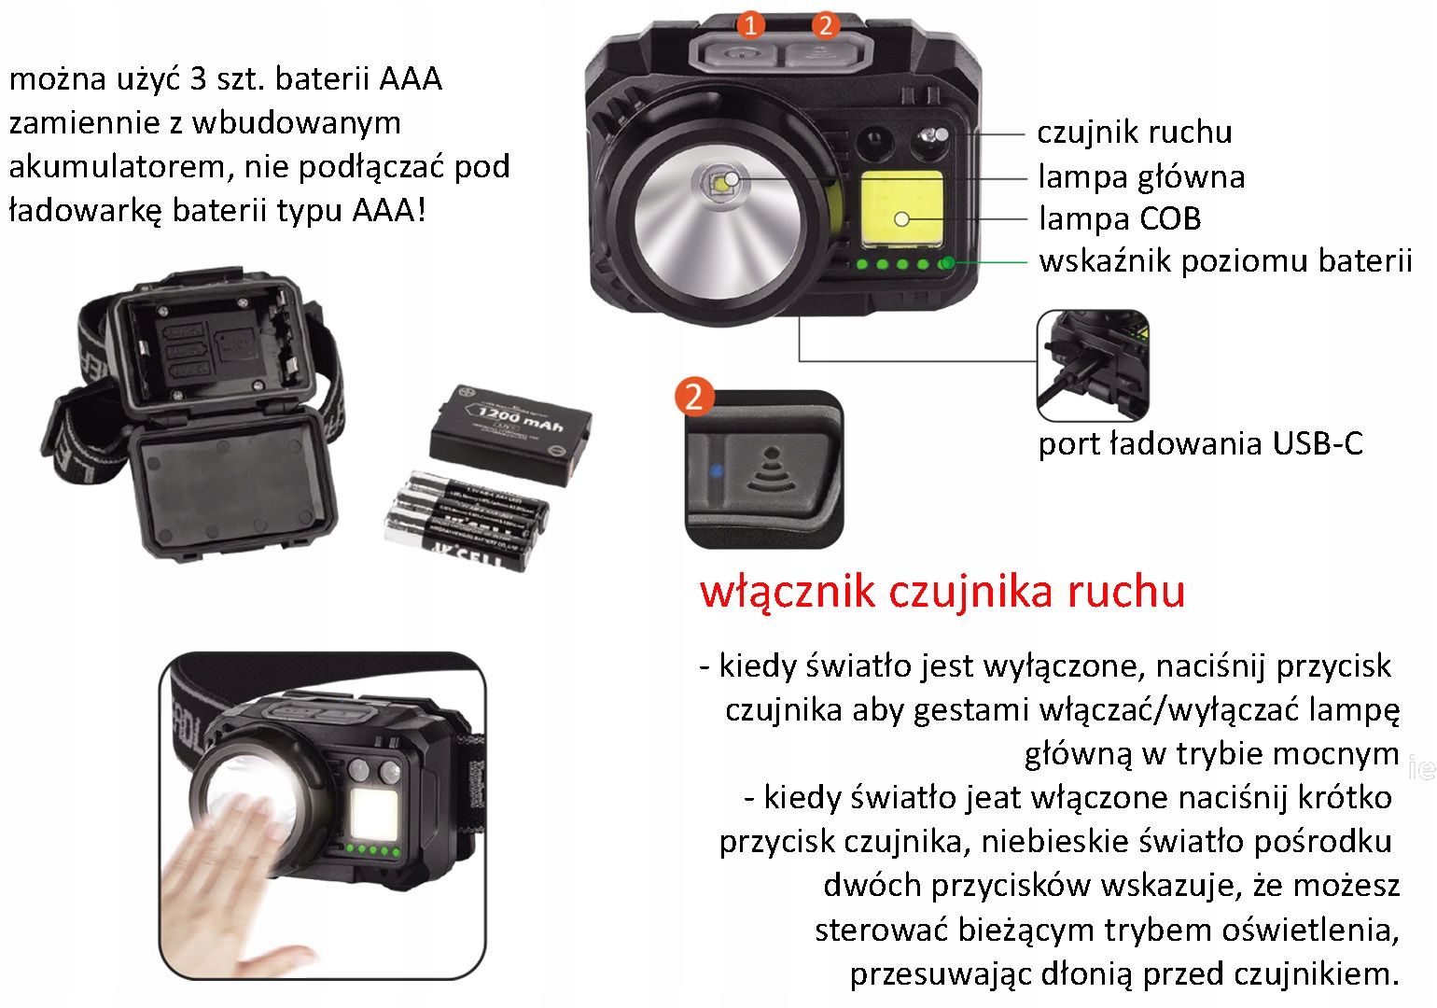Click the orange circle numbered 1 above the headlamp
(750, 25)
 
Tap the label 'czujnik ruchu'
(1135, 133)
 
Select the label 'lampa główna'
(1142, 177)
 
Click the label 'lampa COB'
(1120, 218)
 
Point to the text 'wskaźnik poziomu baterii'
(1226, 261)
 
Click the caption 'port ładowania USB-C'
(1201, 444)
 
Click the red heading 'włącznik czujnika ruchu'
(942, 592)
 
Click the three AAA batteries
(467, 521)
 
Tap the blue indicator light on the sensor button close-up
(716, 471)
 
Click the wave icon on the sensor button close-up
(772, 470)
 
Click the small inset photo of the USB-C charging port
(1093, 365)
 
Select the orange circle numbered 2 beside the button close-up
(694, 397)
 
